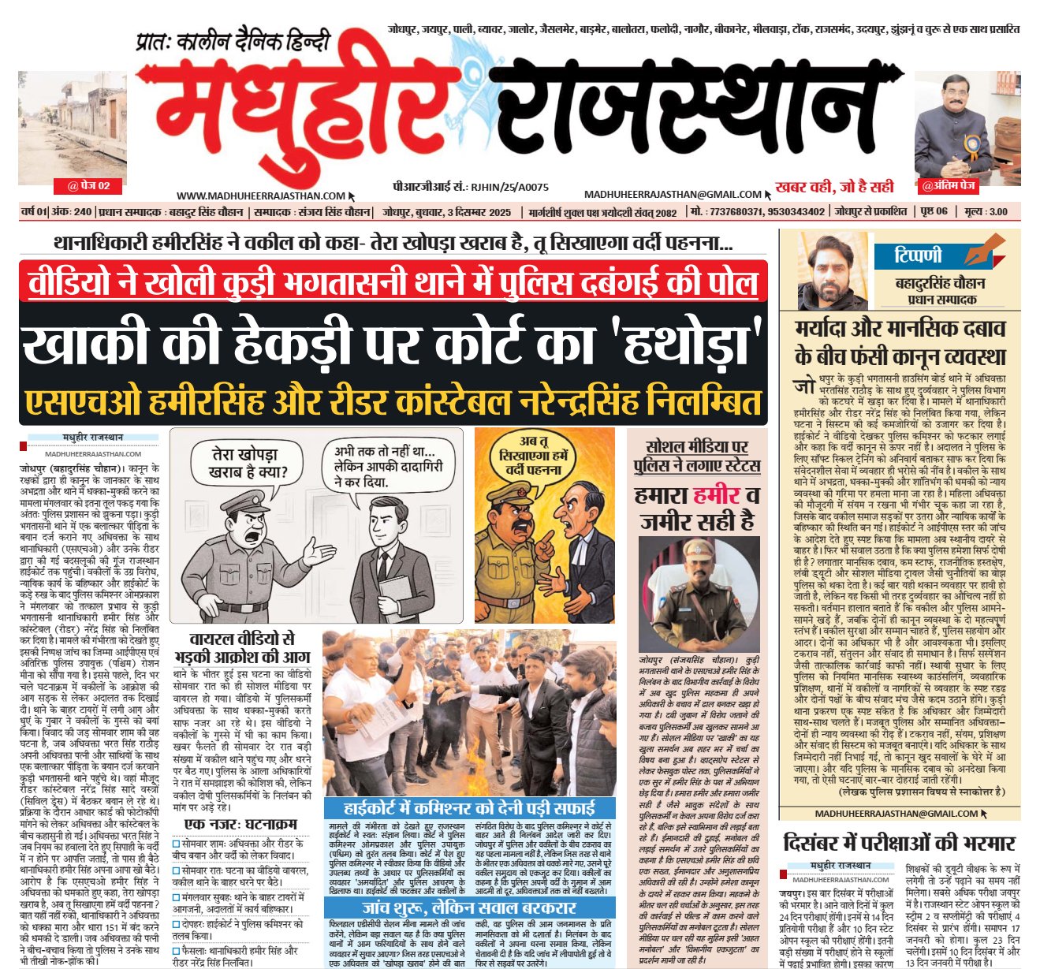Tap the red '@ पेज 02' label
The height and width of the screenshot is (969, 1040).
(88, 186)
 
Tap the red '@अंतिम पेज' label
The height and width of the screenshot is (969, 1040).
(949, 187)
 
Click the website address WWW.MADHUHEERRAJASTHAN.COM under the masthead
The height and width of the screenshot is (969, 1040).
(261, 196)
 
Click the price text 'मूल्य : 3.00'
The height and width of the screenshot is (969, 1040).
(986, 211)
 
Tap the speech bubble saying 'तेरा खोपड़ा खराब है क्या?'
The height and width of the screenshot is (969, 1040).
(244, 464)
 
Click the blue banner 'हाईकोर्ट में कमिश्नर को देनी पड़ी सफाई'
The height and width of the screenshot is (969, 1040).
(469, 808)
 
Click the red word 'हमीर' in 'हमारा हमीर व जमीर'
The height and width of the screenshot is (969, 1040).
(717, 496)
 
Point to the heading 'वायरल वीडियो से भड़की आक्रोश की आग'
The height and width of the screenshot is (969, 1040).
(242, 647)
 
